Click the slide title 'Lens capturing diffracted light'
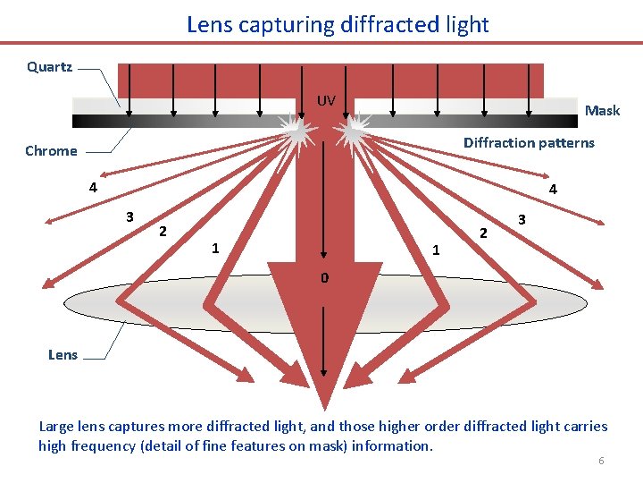click(338, 24)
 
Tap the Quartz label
click(50, 67)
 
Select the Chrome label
click(51, 150)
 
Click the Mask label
click(602, 111)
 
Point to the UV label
click(326, 101)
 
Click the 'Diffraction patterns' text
click(529, 143)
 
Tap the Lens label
click(63, 354)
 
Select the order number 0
click(325, 278)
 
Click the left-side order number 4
click(92, 188)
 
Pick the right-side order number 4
click(553, 190)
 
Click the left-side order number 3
click(129, 216)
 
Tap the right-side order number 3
click(522, 219)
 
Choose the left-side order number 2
click(162, 232)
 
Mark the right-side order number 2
click(483, 233)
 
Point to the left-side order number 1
click(213, 248)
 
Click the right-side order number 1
click(435, 250)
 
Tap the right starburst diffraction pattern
click(355, 133)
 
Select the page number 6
click(601, 461)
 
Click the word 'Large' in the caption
click(57, 427)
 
